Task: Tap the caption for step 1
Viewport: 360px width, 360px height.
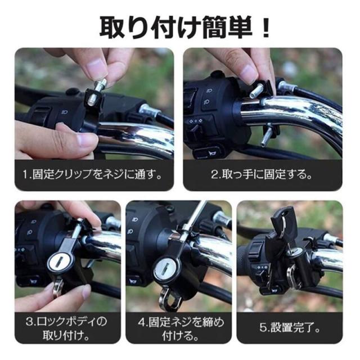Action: point(92,174)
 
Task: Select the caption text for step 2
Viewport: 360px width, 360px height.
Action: point(262,174)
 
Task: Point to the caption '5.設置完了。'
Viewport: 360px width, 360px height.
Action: point(290,327)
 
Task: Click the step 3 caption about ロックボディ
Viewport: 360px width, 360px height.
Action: point(66,328)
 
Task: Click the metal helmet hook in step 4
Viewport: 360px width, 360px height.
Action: point(169,299)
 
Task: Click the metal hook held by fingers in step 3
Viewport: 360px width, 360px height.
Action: point(58,288)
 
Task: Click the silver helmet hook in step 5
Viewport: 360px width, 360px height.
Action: point(292,277)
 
